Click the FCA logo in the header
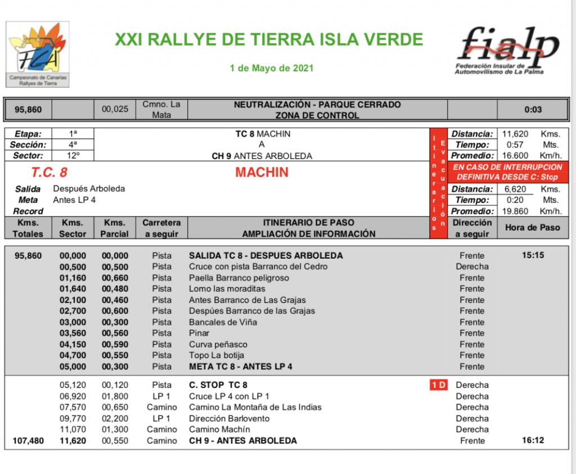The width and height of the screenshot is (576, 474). pyautogui.click(x=38, y=53)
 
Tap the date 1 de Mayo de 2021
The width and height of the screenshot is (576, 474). pyautogui.click(x=272, y=69)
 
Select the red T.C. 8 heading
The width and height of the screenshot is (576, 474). pyautogui.click(x=49, y=173)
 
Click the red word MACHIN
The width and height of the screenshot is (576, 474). pyautogui.click(x=262, y=173)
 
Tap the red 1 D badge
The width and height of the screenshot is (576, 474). pyautogui.click(x=439, y=385)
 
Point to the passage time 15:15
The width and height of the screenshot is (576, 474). pyautogui.click(x=533, y=255)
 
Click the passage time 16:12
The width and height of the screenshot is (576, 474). pyautogui.click(x=533, y=441)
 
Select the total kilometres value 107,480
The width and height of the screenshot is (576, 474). pyautogui.click(x=28, y=441)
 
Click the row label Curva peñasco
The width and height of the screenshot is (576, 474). pyautogui.click(x=218, y=344)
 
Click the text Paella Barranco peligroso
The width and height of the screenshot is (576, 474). pyautogui.click(x=239, y=278)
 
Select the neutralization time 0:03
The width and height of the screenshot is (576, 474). pyautogui.click(x=533, y=110)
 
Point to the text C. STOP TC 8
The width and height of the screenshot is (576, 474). pyautogui.click(x=218, y=385)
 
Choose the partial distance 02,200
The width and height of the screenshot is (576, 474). pyautogui.click(x=115, y=418)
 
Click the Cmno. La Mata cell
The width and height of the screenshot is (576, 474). pyautogui.click(x=161, y=110)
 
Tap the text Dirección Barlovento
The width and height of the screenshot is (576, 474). pyautogui.click(x=229, y=418)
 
